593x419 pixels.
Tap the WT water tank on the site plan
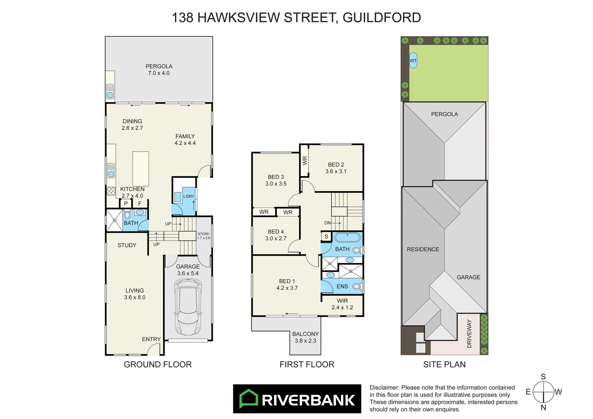pos(413,61)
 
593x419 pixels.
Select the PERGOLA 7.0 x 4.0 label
pos(159,70)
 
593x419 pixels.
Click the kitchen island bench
pos(141,169)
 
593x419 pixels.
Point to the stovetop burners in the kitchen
pos(111,191)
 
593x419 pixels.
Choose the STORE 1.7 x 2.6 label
pos(204,236)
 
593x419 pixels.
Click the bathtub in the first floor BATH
pos(347,237)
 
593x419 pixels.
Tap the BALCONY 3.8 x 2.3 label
pos(305,337)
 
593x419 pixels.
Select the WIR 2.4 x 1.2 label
pos(342,304)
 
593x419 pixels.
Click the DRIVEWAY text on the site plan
pos(469,334)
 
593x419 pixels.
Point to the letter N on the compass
pos(543,407)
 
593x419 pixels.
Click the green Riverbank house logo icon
pos(248,398)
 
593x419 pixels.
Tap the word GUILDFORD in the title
pos(382,18)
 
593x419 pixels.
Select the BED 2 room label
pos(336,168)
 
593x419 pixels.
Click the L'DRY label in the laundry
pos(189,196)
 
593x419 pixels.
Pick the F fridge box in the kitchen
pos(140,203)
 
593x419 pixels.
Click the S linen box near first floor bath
pos(326,236)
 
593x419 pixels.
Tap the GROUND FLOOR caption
pos(158,364)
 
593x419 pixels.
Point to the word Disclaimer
pos(384,388)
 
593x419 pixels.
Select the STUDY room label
pos(127,245)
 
